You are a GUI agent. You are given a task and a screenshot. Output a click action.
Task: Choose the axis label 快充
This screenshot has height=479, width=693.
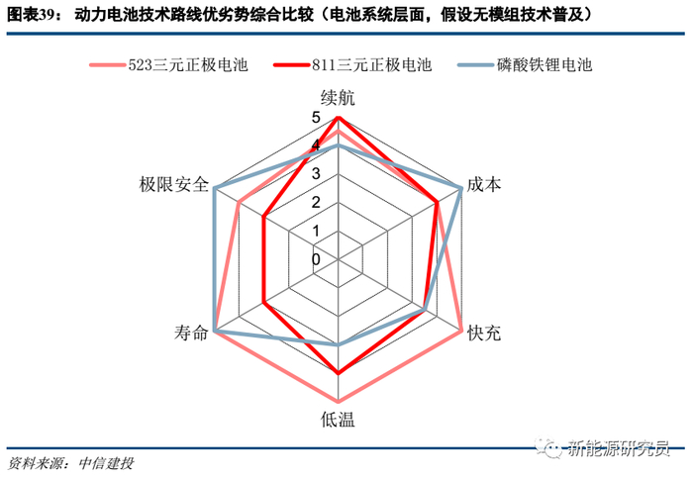click(x=484, y=334)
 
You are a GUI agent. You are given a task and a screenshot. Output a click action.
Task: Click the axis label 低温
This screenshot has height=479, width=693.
click(x=338, y=418)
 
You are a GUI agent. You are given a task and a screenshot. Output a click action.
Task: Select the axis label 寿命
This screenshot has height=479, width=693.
click(x=188, y=334)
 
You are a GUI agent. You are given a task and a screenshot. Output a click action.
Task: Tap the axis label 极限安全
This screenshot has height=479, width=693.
click(x=174, y=185)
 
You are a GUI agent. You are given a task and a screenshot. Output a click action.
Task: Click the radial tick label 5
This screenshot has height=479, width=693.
click(x=316, y=118)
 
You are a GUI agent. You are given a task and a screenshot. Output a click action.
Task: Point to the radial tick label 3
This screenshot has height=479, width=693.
click(x=316, y=174)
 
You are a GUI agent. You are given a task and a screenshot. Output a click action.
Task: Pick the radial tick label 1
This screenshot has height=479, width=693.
click(x=316, y=231)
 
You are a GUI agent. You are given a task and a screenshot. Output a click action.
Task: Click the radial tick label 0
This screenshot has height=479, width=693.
click(x=316, y=259)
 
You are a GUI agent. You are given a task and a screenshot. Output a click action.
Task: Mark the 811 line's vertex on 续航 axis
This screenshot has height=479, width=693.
click(x=338, y=118)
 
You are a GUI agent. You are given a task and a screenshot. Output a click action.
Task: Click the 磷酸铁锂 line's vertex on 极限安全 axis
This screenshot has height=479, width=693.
click(x=215, y=188)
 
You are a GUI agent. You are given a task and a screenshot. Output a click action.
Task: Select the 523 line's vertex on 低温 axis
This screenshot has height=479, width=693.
click(x=338, y=401)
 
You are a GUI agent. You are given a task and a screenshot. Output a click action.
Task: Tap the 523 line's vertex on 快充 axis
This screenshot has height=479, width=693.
click(x=460, y=330)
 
